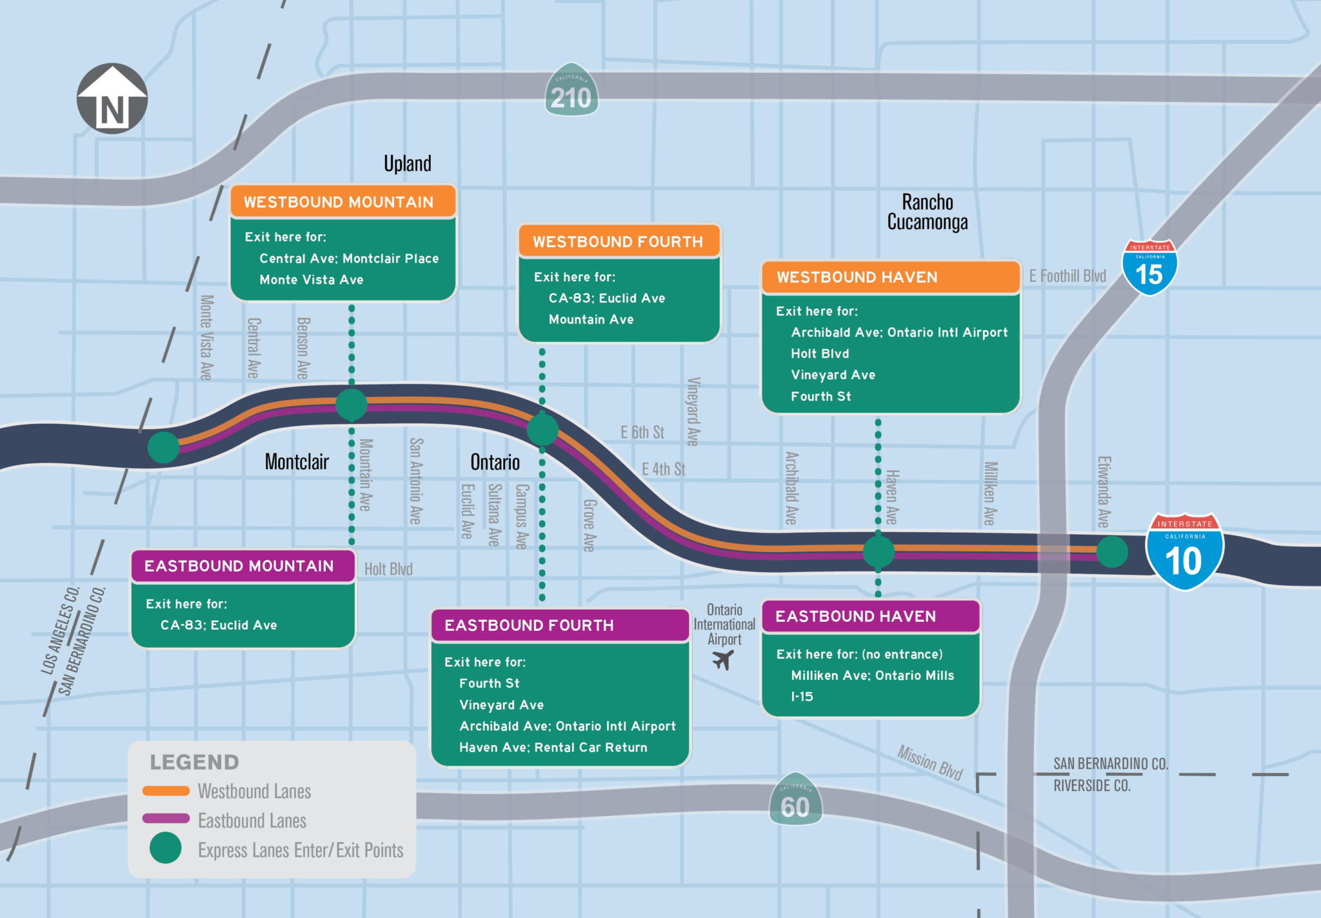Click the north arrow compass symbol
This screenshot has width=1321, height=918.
click(x=112, y=99)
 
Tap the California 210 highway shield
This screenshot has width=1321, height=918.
click(x=571, y=92)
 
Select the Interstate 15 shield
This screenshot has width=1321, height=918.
click(x=1149, y=268)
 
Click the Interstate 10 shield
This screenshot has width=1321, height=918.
click(x=1184, y=552)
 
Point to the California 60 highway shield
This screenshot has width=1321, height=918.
click(x=795, y=800)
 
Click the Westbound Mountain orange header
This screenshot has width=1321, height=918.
click(x=343, y=202)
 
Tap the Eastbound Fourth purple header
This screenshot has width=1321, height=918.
click(x=560, y=625)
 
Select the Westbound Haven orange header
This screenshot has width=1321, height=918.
click(x=890, y=277)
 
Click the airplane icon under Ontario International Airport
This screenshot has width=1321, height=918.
click(x=723, y=660)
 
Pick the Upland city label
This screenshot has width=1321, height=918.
click(x=407, y=163)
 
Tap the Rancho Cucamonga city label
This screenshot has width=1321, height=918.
click(x=928, y=212)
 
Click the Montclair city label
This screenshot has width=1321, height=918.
click(x=297, y=462)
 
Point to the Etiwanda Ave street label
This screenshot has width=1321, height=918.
click(x=1104, y=492)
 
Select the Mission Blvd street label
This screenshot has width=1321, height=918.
click(x=929, y=762)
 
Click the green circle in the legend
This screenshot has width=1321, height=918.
click(x=166, y=848)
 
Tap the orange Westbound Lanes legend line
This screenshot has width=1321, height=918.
click(x=166, y=791)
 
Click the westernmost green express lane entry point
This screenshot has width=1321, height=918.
click(x=163, y=447)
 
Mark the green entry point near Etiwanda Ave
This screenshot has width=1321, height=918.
click(x=1111, y=552)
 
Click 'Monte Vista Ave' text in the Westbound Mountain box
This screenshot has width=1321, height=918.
click(x=312, y=280)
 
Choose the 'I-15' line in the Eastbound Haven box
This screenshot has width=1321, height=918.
click(x=802, y=697)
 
